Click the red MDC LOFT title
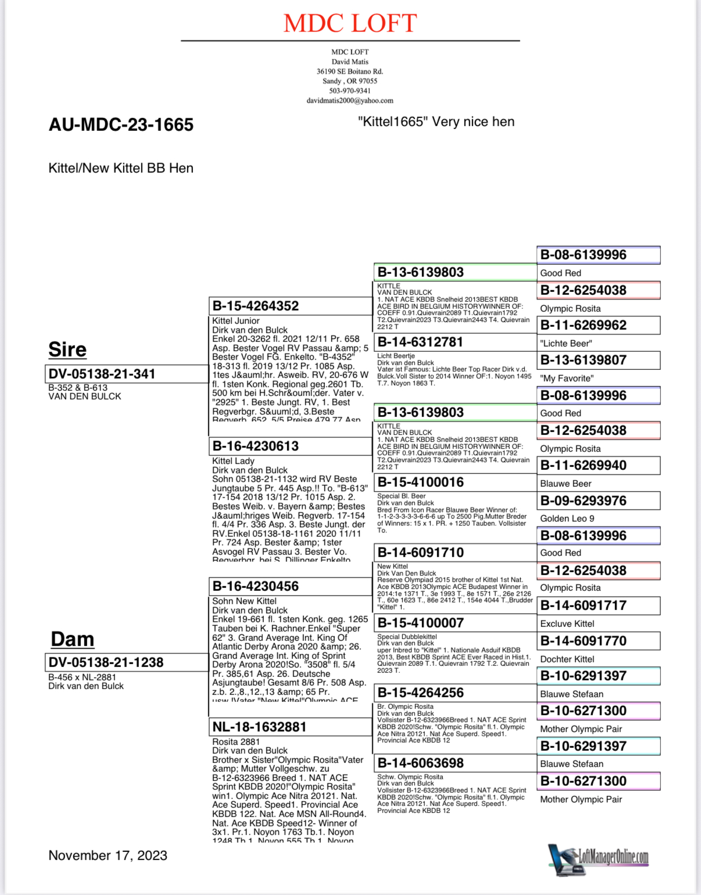350,23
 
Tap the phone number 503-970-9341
350,91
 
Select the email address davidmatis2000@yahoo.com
350,101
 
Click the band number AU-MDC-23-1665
121,124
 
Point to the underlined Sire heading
67,350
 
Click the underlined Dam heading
72,639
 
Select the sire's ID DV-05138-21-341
102,374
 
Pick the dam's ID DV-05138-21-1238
106,662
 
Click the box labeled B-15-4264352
256,306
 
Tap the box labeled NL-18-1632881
259,727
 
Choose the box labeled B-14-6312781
420,342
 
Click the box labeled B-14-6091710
421,552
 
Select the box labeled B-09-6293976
584,501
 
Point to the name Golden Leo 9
567,518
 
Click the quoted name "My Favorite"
567,378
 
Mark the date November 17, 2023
108,855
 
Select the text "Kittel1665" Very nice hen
436,122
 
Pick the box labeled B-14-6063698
421,763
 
